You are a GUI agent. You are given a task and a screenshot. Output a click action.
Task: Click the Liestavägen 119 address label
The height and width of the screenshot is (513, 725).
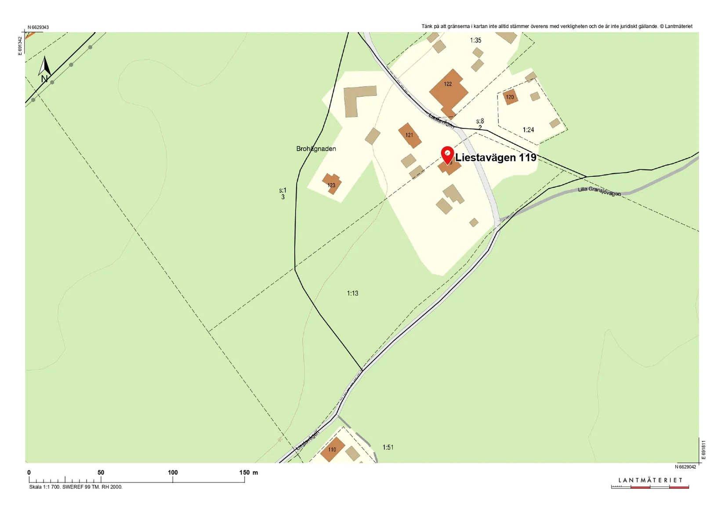coord(496,157)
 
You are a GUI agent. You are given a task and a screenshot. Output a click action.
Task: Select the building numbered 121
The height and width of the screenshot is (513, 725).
coord(410,135)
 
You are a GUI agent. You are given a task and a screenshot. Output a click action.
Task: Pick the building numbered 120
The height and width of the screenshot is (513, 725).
coord(510,97)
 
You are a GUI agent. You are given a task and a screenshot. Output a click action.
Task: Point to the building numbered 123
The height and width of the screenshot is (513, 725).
coord(332,184)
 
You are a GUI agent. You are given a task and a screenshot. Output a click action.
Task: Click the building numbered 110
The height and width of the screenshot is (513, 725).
coord(332,449)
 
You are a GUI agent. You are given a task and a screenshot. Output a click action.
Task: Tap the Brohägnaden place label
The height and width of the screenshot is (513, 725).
coord(316,149)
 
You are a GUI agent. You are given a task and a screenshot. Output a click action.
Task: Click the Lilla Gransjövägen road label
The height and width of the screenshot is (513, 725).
coord(599,191)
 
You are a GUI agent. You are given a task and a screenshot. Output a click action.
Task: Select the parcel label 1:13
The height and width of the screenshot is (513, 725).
coord(352,293)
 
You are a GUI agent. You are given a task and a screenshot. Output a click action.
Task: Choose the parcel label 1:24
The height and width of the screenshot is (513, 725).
coord(528,130)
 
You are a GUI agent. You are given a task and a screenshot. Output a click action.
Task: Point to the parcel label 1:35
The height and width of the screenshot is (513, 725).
coord(475,40)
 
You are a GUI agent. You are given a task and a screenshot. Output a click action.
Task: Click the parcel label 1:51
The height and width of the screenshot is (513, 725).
coord(388,448)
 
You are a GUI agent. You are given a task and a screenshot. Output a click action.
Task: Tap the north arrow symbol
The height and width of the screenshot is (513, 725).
coord(44,69)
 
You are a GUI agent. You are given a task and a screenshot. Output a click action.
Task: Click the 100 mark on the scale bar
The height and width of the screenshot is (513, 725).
coord(173,473)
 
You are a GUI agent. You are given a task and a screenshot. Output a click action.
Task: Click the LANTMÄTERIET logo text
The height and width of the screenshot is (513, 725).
coord(650,480)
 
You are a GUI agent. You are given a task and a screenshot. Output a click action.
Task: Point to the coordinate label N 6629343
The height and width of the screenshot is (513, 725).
coord(38,27)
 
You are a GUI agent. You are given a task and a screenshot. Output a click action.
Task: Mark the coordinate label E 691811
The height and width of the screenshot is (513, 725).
coord(703,450)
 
